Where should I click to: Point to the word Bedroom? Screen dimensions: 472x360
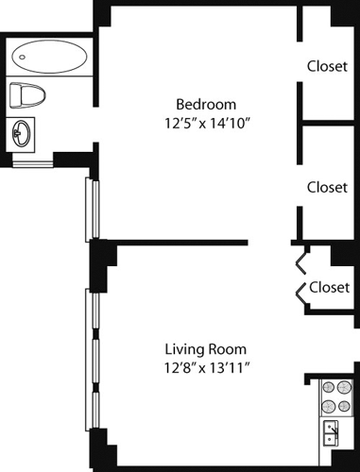[x=206, y=104]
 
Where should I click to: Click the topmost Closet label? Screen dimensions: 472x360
[x=327, y=66]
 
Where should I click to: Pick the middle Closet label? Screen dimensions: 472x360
[x=327, y=187]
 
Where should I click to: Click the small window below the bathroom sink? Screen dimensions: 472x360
[x=32, y=164]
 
